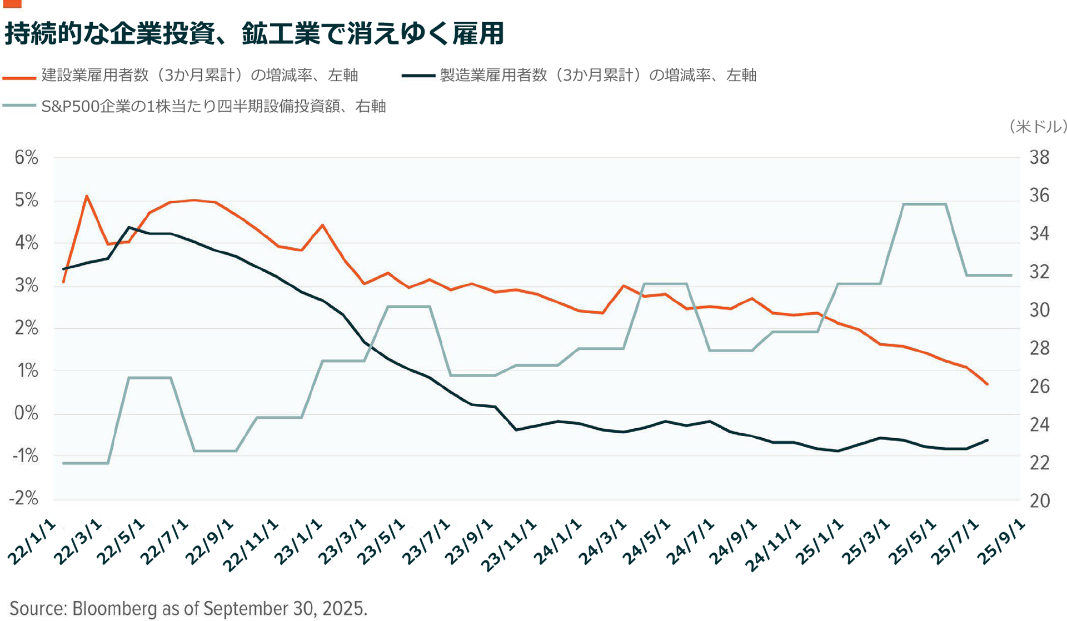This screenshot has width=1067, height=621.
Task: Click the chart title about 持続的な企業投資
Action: click(x=254, y=33)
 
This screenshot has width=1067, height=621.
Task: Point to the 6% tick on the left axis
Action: click(x=26, y=158)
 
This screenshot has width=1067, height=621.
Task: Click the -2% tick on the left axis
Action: click(x=24, y=498)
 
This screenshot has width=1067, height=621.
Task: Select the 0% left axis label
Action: click(x=26, y=413)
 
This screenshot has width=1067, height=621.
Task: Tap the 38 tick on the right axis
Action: click(x=1039, y=158)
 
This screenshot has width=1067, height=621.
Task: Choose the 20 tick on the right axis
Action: click(x=1039, y=500)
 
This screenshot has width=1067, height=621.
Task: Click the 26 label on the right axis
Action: click(x=1039, y=387)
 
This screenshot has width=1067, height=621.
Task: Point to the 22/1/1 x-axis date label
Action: click(x=32, y=543)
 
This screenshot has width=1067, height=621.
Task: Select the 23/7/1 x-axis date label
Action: click(x=425, y=543)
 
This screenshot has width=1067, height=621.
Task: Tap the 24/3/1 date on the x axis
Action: click(x=602, y=543)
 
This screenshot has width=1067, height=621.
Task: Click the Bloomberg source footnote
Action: click(x=188, y=608)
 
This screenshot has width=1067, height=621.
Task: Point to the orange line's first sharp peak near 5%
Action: click(x=87, y=196)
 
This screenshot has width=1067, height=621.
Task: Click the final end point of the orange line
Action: click(x=988, y=384)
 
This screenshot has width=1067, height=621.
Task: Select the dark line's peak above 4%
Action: click(x=129, y=227)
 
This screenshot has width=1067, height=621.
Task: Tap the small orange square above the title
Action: click(x=12, y=3)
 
